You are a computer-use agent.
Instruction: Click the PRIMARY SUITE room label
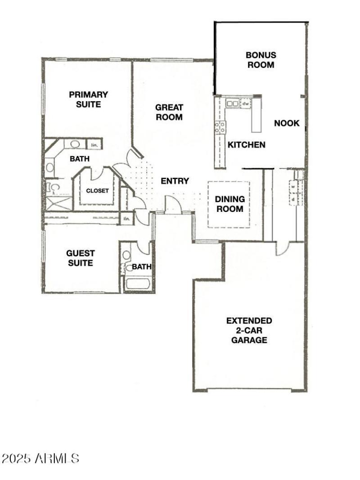(88, 99)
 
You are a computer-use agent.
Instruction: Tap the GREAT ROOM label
(169, 112)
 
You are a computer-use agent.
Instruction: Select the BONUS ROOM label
(261, 60)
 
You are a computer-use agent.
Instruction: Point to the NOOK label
(287, 123)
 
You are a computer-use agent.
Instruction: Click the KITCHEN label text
(246, 145)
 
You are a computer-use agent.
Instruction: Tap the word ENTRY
(175, 181)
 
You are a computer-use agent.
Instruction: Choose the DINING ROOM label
(229, 204)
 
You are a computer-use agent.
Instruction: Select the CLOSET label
(98, 191)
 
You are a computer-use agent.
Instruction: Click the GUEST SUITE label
(81, 258)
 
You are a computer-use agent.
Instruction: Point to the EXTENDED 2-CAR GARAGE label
(249, 330)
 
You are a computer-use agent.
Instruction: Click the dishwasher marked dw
(246, 103)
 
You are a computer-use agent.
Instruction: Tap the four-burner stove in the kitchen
(220, 127)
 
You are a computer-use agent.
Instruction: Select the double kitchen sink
(233, 103)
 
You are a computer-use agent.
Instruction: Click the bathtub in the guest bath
(139, 284)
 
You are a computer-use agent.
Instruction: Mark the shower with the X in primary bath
(58, 203)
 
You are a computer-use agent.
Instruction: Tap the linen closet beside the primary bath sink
(94, 145)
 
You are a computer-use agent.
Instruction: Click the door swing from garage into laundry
(283, 248)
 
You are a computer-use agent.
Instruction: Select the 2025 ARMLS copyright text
(40, 459)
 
